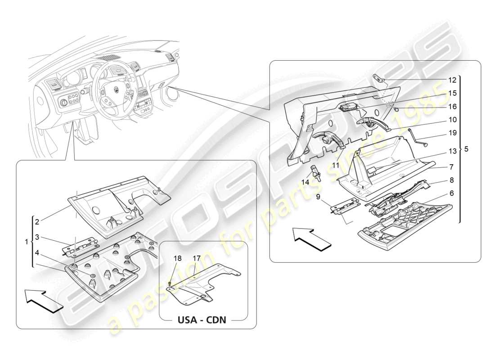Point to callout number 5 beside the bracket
[x=466, y=149]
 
